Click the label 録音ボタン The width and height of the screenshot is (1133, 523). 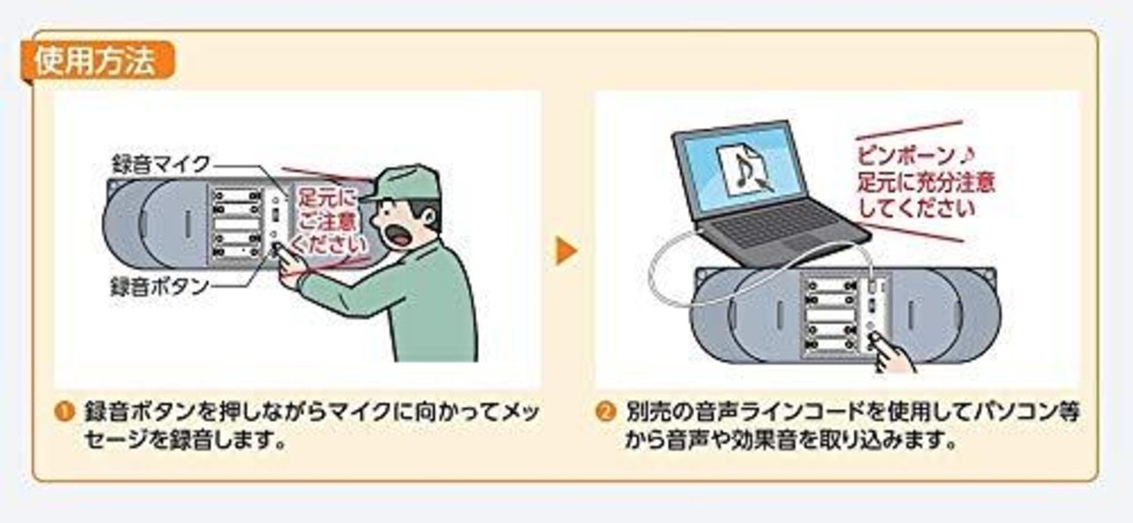coord(159,286)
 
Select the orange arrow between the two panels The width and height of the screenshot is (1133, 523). coord(566,252)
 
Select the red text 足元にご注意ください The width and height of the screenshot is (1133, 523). coord(328,218)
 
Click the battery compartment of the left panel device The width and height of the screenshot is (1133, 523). coord(236,226)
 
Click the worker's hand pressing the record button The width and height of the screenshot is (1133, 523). coord(288,262)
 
